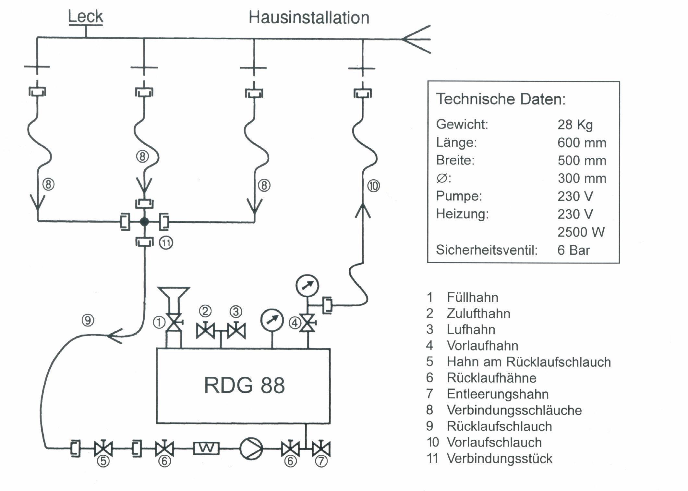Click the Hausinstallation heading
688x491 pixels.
tap(309, 18)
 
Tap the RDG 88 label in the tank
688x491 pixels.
tap(244, 386)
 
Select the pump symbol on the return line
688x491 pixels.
tap(251, 448)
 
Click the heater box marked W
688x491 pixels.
tap(206, 448)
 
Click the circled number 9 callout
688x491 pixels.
tap(88, 320)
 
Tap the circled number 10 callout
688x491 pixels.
tap(373, 186)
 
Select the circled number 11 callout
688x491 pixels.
tap(166, 243)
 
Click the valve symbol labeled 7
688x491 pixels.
tap(321, 449)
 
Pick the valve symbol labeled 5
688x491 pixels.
tap(103, 449)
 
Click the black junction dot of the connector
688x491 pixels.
tap(144, 222)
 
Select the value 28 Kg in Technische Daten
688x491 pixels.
tap(575, 125)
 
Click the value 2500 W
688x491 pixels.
tap(581, 232)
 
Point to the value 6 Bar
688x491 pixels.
tap(573, 250)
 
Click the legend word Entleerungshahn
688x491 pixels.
tap(498, 394)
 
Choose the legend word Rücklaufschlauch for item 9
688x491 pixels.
tap(499, 426)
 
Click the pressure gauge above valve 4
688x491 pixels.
tap(307, 286)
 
